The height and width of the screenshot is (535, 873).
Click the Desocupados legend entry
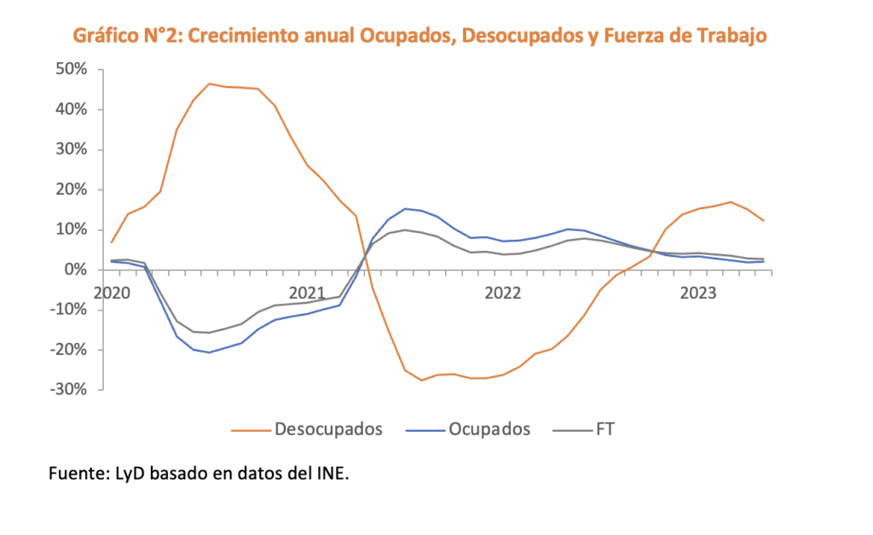328,429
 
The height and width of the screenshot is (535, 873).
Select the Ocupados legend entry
489,429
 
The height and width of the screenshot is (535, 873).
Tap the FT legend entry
604,429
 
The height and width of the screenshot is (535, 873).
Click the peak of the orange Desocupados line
210,84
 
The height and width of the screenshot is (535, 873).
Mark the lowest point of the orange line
421,380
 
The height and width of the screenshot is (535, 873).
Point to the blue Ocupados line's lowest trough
209,352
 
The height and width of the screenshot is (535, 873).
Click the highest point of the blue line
405,208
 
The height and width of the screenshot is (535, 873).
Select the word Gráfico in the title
106,36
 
